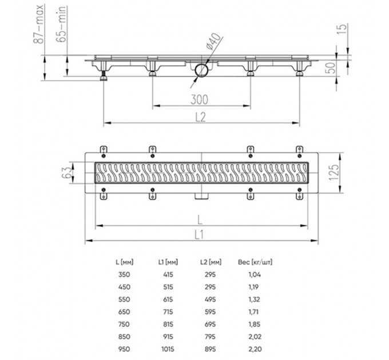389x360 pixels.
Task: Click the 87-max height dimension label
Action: [x=38, y=24]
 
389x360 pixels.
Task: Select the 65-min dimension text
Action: [x=61, y=24]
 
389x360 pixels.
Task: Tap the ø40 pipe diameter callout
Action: [x=213, y=41]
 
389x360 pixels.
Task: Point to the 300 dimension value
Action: [x=199, y=99]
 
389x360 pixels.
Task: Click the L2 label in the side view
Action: [x=201, y=117]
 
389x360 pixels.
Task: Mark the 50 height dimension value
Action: [x=330, y=67]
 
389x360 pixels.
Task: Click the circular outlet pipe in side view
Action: [x=201, y=70]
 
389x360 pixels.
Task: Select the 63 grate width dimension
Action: [x=66, y=173]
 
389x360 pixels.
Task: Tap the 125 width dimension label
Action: [x=334, y=173]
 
